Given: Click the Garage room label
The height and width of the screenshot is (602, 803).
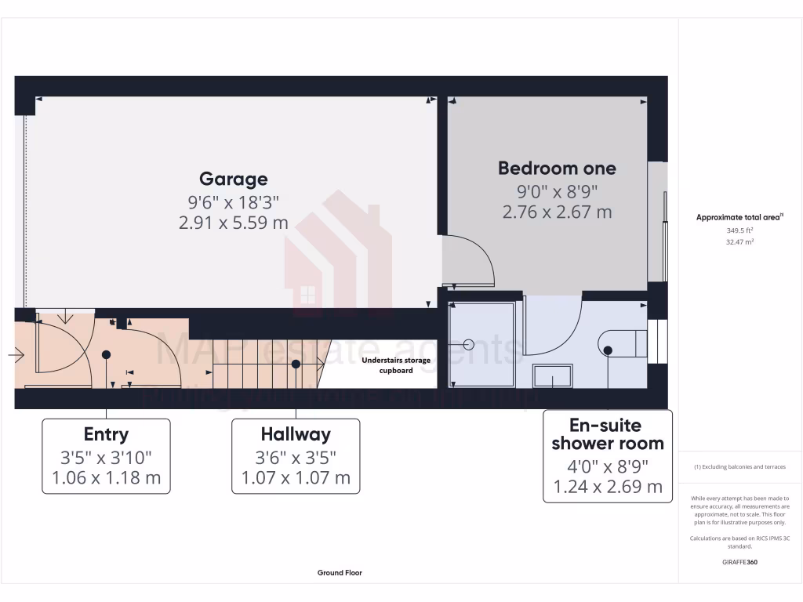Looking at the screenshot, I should [233, 180].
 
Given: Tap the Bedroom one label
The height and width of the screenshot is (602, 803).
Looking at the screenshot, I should [557, 168].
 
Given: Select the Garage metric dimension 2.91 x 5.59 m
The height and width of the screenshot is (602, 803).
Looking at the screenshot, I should [234, 223].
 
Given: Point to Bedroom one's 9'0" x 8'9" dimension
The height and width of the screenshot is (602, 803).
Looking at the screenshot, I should [557, 190].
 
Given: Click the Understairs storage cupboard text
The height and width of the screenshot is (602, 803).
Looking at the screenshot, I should [396, 365].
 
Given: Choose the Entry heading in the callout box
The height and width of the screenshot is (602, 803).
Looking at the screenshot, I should [106, 434].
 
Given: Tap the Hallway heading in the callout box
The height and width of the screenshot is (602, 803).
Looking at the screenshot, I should [296, 434].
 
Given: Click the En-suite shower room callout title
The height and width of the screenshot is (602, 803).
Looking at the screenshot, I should [607, 434].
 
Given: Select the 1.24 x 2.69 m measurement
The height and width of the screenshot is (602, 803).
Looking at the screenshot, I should [608, 487].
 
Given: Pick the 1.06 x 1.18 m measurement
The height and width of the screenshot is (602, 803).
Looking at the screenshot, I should [106, 477].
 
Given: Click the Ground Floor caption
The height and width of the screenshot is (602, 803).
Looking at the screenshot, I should [340, 573].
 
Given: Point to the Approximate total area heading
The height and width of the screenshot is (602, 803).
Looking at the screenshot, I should [739, 218].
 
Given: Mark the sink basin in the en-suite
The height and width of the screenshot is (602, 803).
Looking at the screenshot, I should [554, 376].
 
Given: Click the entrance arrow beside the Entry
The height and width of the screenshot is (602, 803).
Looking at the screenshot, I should [16, 355].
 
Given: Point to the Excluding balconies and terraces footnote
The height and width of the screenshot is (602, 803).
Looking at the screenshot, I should [739, 467].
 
